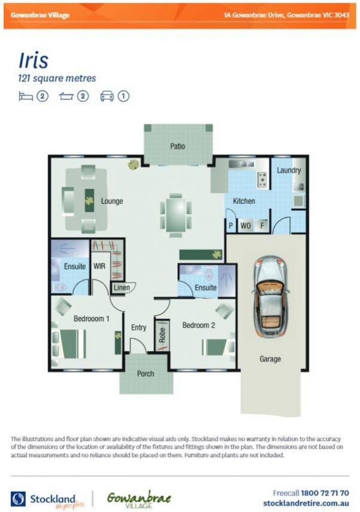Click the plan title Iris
pyautogui.click(x=33, y=60)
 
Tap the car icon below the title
pyautogui.click(x=107, y=96)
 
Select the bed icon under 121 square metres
pyautogui.click(x=26, y=96)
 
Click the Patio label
pyautogui.click(x=177, y=146)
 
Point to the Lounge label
pyautogui.click(x=112, y=201)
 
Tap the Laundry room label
pyautogui.click(x=288, y=170)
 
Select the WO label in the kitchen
pyautogui.click(x=245, y=226)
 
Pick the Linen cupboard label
pyautogui.click(x=120, y=287)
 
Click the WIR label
pyautogui.click(x=99, y=266)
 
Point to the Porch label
pyautogui.click(x=145, y=374)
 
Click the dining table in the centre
pyautogui.click(x=176, y=215)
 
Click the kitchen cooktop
pyautogui.click(x=261, y=179)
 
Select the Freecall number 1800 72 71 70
pyautogui.click(x=325, y=493)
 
